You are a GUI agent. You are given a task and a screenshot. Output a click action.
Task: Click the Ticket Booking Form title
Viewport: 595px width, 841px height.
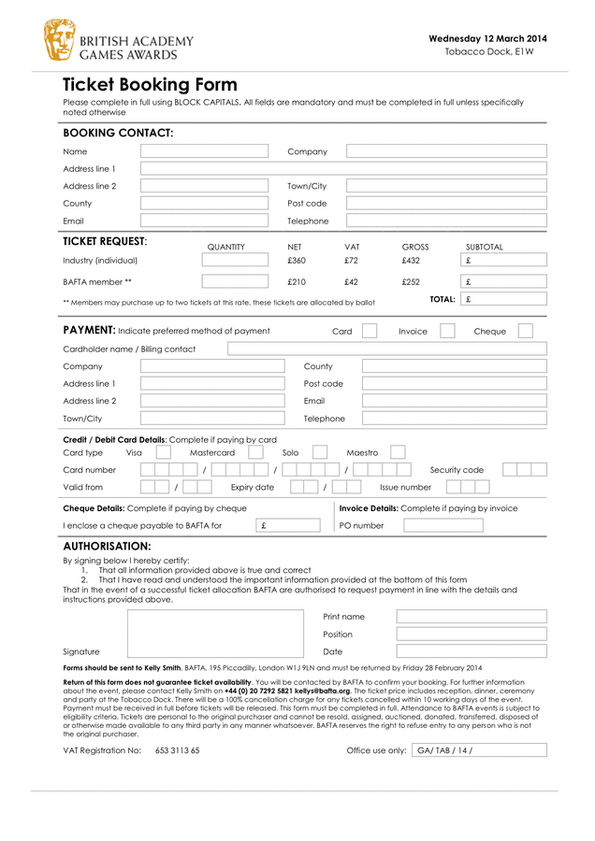150,85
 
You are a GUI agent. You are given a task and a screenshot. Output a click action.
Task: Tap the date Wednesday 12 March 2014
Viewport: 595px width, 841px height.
487,38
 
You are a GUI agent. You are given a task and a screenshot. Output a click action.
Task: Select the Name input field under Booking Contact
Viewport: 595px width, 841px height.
204,151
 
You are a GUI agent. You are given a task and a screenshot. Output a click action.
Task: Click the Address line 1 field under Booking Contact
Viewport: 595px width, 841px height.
343,169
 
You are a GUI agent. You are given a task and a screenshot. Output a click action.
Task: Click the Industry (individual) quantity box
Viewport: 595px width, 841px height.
234,261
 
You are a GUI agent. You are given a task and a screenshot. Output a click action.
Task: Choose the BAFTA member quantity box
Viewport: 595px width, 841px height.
234,281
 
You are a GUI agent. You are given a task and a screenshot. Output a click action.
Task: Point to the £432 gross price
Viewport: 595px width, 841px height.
411,261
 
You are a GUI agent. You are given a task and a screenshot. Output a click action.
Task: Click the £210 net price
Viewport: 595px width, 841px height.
296,281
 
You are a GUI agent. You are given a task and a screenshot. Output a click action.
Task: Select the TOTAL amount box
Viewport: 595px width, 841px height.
503,300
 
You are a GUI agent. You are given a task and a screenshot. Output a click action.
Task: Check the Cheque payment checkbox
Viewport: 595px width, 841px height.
526,331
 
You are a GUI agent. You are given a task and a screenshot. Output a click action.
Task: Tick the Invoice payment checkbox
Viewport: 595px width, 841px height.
447,331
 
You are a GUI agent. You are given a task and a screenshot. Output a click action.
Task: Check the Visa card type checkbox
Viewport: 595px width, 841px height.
163,452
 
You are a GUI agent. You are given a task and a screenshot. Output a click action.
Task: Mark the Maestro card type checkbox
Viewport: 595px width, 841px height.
398,452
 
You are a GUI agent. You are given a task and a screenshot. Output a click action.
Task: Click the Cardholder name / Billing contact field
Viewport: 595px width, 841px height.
386,349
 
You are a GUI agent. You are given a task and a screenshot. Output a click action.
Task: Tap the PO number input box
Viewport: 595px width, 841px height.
443,525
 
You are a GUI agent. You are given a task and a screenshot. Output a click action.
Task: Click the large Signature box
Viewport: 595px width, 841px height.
215,634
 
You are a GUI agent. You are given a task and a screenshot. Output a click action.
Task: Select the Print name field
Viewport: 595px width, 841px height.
471,617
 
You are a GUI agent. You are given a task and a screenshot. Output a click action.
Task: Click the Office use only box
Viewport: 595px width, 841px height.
478,749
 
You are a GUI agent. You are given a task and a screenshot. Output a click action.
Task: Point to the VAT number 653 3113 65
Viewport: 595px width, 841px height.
177,750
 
